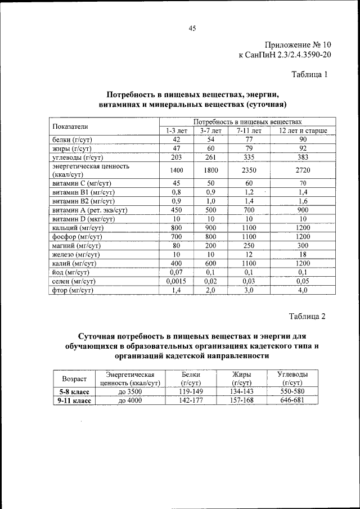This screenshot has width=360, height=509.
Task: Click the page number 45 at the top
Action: coord(192,30)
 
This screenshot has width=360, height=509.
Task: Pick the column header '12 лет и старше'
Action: coord(303,130)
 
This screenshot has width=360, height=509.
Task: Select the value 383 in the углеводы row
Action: coord(303,157)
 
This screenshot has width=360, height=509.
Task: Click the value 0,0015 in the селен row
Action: coord(176,281)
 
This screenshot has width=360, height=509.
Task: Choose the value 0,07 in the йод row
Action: coord(176,272)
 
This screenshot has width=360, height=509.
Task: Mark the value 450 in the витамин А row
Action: coord(176,210)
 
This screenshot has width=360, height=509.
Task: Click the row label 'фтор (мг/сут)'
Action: coord(72,290)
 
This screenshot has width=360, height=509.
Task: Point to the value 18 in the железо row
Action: coord(303,254)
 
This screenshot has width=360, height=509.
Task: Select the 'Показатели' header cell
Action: coord(71,126)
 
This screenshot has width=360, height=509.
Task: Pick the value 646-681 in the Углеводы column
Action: coord(292,400)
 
